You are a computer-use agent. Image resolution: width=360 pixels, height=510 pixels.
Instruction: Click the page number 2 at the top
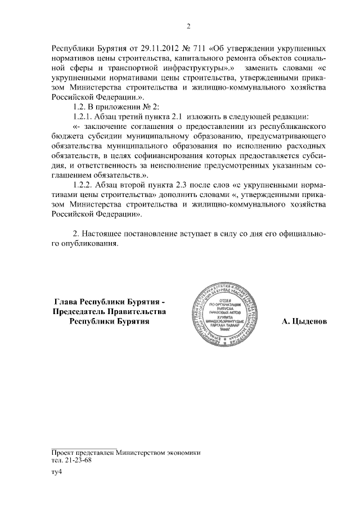(189, 25)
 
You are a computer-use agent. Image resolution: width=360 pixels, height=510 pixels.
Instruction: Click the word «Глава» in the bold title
(66, 301)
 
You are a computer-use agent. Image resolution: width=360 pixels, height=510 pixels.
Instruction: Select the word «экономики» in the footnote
(183, 452)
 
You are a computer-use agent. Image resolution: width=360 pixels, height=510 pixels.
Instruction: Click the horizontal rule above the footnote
(84, 447)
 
